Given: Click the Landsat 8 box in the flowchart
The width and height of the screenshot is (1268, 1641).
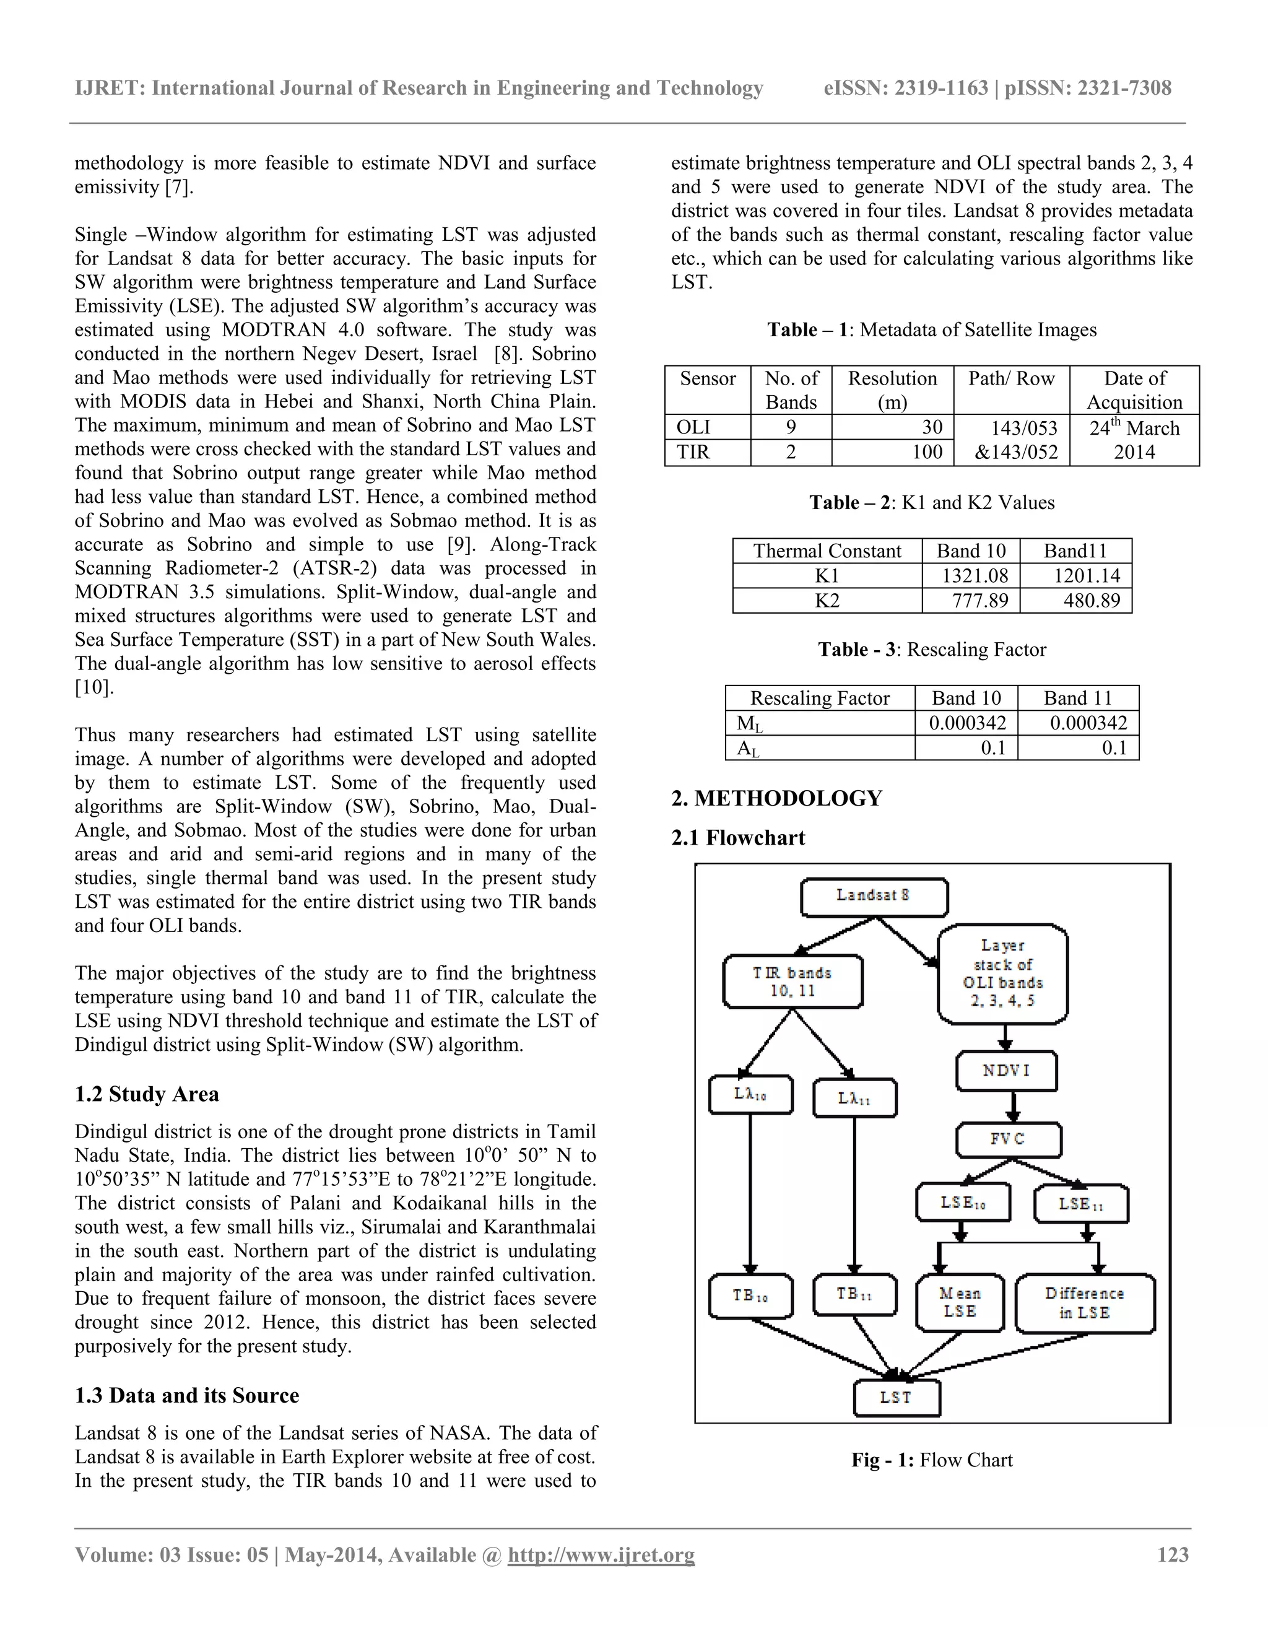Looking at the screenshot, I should tap(874, 897).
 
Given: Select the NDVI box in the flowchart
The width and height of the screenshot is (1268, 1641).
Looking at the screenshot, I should tap(1006, 1071).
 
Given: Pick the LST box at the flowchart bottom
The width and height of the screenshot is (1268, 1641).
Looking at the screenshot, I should tap(896, 1398).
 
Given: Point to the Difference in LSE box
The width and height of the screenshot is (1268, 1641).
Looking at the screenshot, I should tap(1084, 1302).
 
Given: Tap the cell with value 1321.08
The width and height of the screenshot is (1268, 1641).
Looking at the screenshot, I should tap(971, 575).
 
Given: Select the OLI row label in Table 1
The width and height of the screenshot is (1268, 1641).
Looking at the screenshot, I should tap(693, 427).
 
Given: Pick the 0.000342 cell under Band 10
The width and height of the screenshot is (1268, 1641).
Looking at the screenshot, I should tap(965, 723).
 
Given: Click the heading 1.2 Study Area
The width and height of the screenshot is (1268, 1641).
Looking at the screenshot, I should tap(147, 1094).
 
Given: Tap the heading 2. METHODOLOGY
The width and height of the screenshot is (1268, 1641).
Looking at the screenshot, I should tap(777, 798).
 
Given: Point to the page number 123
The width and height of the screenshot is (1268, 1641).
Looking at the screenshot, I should tap(1173, 1554).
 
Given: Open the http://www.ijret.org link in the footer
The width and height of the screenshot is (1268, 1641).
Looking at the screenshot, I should tap(601, 1554).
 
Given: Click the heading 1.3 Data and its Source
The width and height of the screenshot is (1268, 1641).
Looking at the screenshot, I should tap(186, 1395).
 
